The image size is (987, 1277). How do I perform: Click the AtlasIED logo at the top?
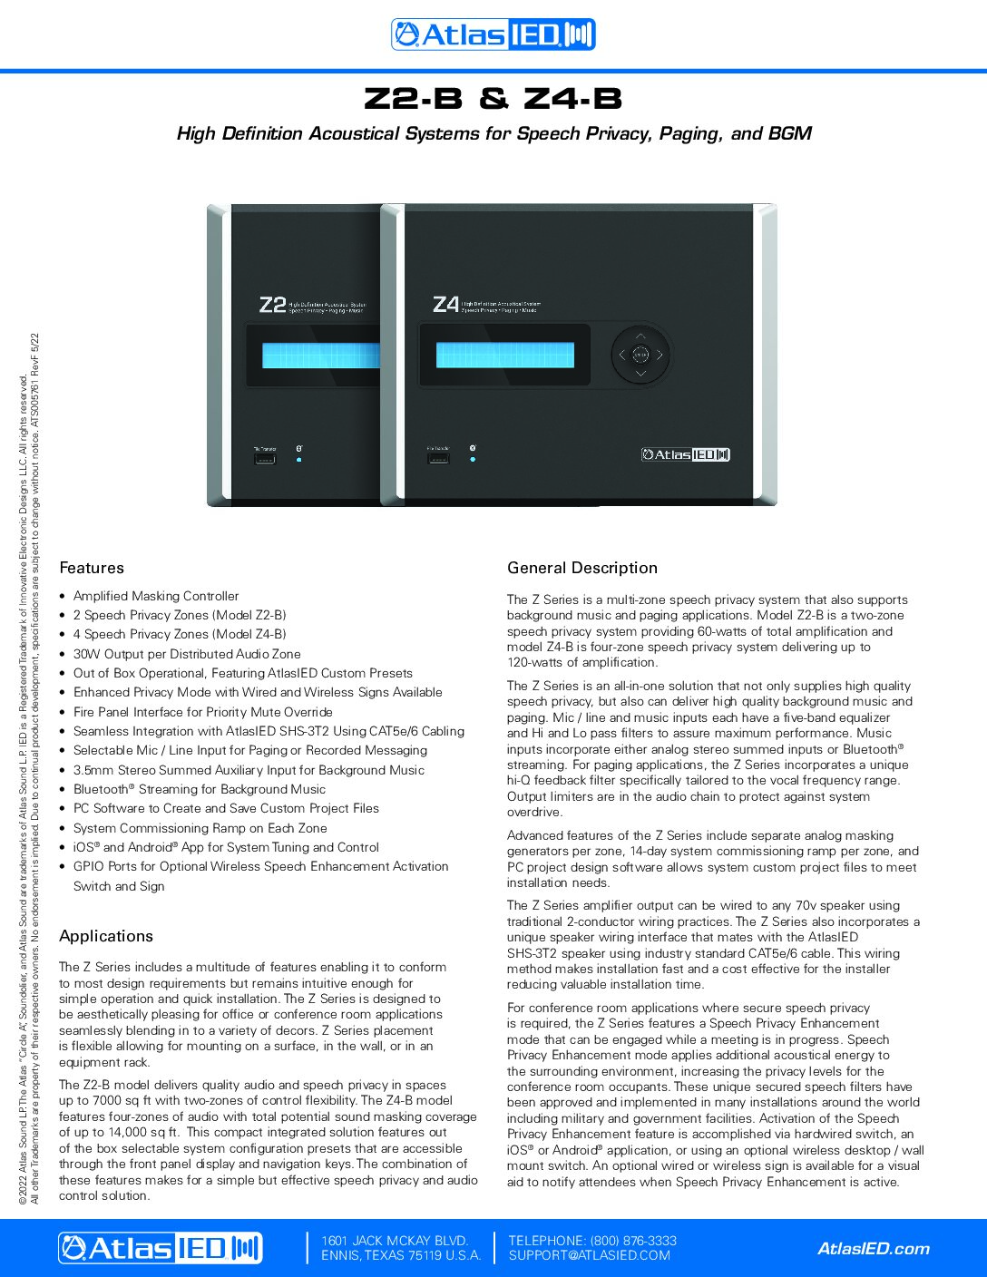coord(493,34)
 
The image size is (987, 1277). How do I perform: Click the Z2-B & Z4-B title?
coord(493,98)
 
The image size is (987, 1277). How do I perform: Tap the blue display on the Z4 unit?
coord(504,355)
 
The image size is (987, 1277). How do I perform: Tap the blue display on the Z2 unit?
coord(320,356)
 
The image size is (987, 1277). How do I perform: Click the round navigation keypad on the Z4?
coord(640,355)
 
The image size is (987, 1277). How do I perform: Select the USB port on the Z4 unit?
coord(438,459)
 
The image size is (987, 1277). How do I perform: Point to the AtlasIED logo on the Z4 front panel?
coord(686,454)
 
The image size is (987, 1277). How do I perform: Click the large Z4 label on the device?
coord(445,305)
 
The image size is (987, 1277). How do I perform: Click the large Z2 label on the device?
coord(272,305)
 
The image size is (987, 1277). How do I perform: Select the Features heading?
coord(92,568)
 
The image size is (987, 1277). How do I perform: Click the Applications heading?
coord(106,936)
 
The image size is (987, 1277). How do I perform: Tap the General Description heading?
coord(582,568)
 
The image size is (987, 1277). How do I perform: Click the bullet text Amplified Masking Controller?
coord(156,596)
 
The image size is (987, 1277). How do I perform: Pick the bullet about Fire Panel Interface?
coord(202,712)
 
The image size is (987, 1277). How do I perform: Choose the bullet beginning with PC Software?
coord(226,808)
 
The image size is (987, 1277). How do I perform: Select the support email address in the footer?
coord(589,1256)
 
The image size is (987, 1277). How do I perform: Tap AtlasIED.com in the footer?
coord(874,1249)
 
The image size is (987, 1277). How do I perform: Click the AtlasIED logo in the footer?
coord(161,1248)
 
